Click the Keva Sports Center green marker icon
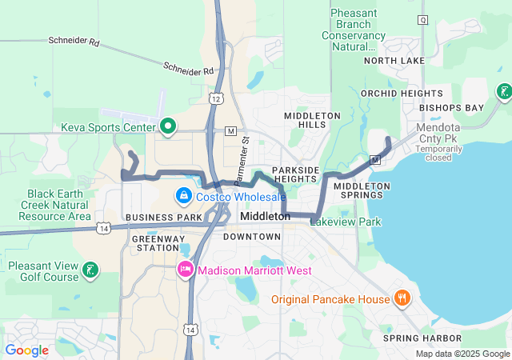(x=168, y=126)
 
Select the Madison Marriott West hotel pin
(x=186, y=270)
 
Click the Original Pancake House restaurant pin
(x=402, y=299)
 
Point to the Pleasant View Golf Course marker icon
(x=91, y=270)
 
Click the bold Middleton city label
(x=265, y=216)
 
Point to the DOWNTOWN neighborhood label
(x=252, y=237)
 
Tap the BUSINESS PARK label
(x=164, y=218)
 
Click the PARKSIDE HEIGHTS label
(x=295, y=174)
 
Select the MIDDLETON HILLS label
(x=312, y=121)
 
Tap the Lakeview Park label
(x=346, y=222)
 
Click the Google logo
(x=26, y=350)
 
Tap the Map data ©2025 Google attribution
(x=462, y=354)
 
